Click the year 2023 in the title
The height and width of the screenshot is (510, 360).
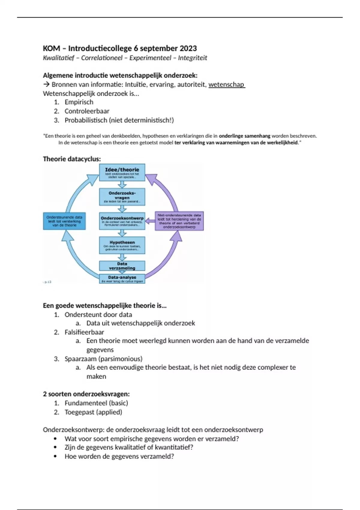[188, 48]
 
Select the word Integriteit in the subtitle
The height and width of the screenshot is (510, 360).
[192, 58]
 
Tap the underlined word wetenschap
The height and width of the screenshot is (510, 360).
[226, 85]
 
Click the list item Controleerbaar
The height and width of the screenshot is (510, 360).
[87, 111]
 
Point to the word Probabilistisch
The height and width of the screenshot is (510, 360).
[85, 120]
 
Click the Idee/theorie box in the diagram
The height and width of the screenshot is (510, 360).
[122, 172]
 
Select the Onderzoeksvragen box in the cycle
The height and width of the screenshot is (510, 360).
[122, 197]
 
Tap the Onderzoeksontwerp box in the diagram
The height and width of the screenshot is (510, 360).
[122, 221]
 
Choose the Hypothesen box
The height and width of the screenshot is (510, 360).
[122, 245]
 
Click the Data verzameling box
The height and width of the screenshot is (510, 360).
[122, 266]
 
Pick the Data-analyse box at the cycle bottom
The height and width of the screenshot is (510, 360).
[122, 279]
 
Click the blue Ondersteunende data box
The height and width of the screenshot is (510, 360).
[64, 221]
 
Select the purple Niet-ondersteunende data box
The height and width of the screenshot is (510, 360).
[179, 221]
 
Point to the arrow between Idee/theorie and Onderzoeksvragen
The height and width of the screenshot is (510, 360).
[122, 184]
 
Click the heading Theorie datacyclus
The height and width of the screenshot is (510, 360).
[72, 159]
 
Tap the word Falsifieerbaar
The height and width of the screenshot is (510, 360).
[84, 332]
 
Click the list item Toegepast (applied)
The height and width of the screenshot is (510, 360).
[93, 412]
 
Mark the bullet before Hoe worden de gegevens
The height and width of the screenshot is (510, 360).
[55, 457]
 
